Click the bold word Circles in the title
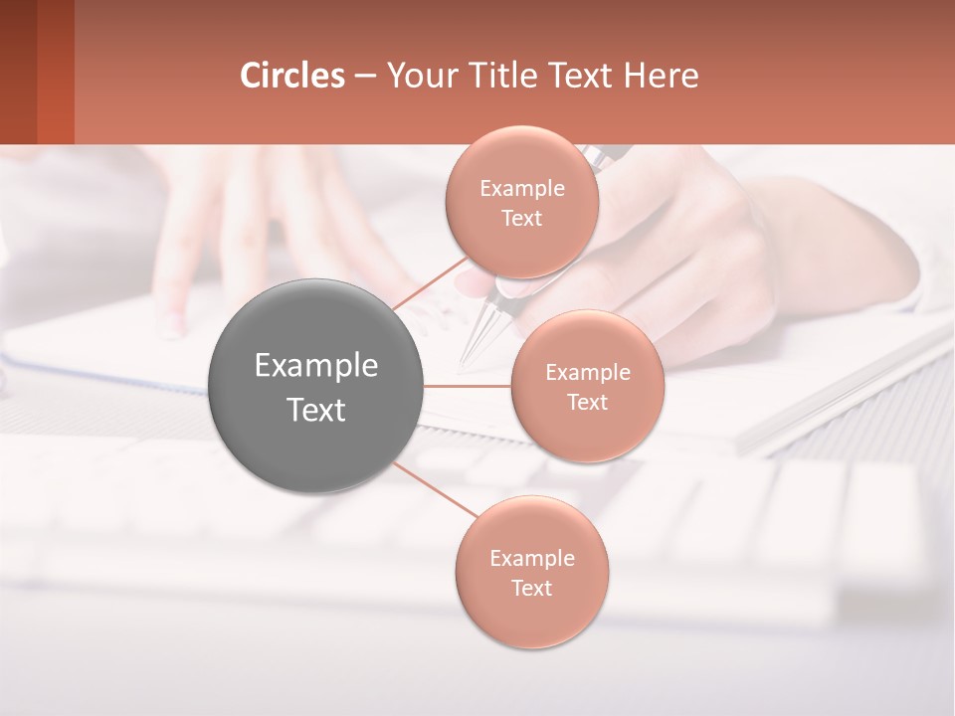[291, 76]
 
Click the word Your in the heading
[422, 76]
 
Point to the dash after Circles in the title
[365, 77]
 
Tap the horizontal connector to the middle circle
[468, 386]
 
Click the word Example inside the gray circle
[316, 366]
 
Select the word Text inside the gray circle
[316, 410]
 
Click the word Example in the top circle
[521, 189]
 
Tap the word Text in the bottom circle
[531, 588]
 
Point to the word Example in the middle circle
[587, 373]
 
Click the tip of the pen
[465, 360]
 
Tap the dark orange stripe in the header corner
[56, 72]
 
